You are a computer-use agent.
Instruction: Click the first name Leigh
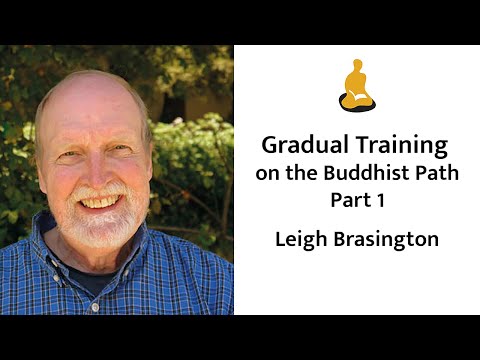click(x=302, y=240)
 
